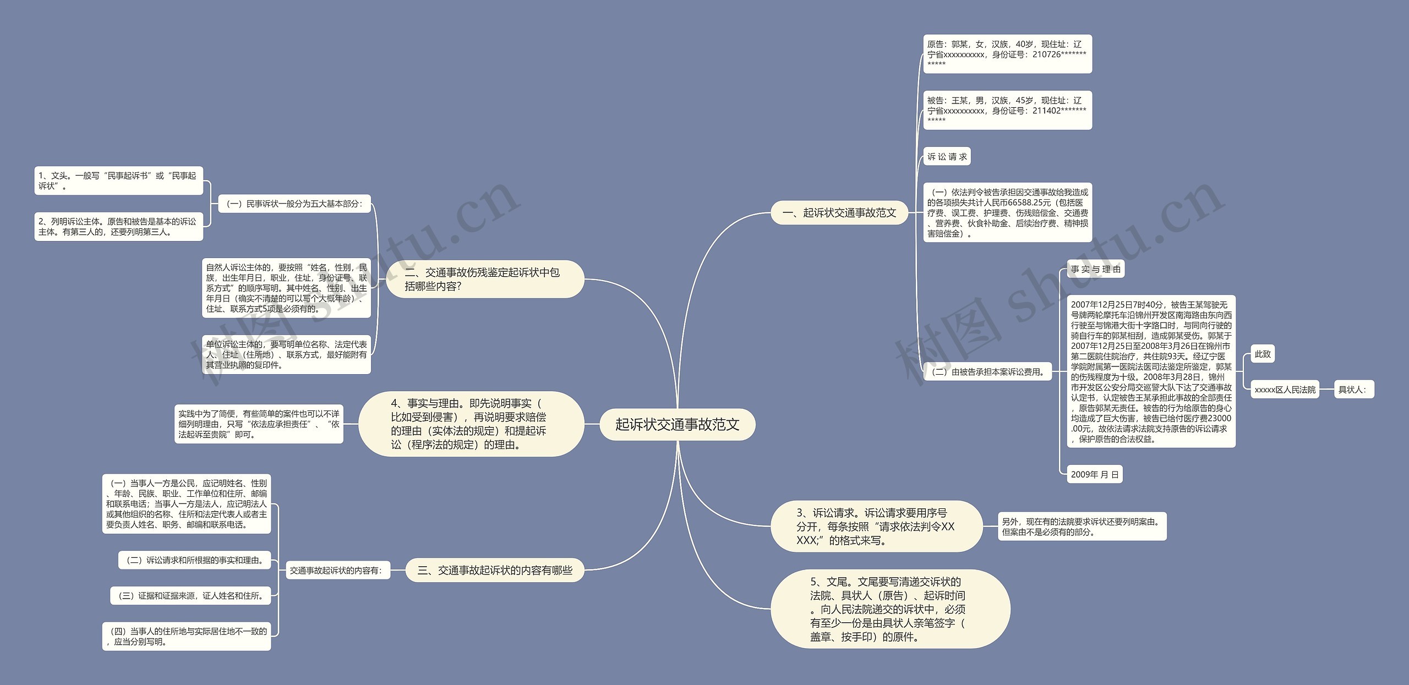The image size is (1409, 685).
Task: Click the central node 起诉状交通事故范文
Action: point(677,424)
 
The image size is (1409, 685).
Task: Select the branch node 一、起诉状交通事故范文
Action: point(839,213)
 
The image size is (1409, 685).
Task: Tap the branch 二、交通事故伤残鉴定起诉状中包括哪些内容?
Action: point(484,279)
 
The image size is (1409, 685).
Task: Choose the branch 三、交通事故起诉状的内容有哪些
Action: point(494,571)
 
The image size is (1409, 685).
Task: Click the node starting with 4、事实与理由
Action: point(471,424)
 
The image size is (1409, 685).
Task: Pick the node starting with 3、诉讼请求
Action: point(876,527)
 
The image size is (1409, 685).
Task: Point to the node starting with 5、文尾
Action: point(889,609)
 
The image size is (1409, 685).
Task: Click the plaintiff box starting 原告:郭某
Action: point(1007,54)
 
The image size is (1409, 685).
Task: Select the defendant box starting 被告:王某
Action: point(1007,110)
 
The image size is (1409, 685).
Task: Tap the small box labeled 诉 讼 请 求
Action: point(947,157)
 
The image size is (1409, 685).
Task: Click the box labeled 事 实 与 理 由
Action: point(1095,269)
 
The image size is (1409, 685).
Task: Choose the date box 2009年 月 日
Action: point(1094,474)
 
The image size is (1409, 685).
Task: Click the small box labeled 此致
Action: point(1263,354)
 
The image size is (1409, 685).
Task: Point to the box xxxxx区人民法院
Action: point(1285,390)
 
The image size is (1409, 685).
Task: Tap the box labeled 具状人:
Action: point(1353,390)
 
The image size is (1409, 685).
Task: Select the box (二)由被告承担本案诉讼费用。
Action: point(987,372)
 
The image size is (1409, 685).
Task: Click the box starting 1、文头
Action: point(118,180)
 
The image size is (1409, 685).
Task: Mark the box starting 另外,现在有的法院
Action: point(1082,527)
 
